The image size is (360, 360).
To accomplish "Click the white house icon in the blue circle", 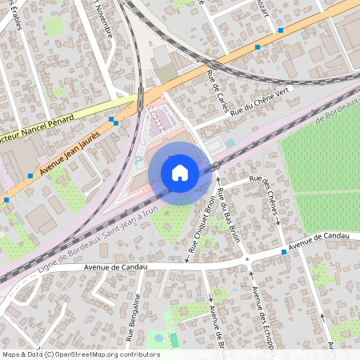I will click(180, 173).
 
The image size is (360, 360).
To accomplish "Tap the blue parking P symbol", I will click(138, 160).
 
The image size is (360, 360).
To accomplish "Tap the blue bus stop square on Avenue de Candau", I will click(284, 252).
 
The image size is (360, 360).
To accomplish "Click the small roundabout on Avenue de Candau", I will click(246, 260).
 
